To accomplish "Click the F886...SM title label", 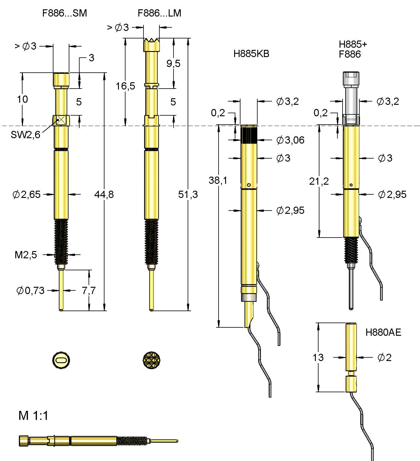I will coord(65,13).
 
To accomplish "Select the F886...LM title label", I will coord(159,13).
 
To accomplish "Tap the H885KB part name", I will coord(251,54).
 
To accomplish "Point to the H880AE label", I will coord(383,332).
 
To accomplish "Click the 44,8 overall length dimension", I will coord(104,194).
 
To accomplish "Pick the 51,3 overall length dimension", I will coord(188,194).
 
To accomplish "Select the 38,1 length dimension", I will coord(218,180).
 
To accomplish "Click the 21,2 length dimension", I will coord(319,181).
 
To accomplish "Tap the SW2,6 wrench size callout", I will coord(26,135).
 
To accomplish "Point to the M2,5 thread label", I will coord(26,255).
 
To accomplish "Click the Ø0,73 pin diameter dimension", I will coord(30,290).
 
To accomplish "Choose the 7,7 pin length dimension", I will coord(89,290).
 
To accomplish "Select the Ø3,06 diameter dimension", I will coord(290,140).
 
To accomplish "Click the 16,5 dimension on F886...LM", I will coord(125,86).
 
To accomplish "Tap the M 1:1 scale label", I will coord(33,416).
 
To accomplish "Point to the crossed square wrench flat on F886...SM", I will coord(61,120).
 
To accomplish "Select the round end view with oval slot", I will coord(61,360).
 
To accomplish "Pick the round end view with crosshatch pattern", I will coord(152,360).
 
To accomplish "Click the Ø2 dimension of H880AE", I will coord(384,357).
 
